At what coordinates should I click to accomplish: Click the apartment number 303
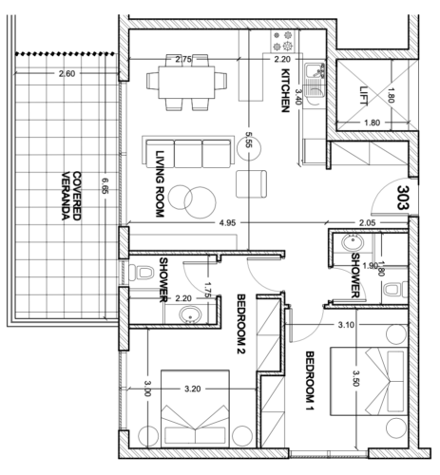tap(403, 198)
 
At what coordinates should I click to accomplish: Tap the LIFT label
tap(364, 96)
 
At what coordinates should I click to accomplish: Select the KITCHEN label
tap(285, 90)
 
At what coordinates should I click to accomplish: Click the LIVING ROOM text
tap(160, 183)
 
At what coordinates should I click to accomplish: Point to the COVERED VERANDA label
tap(71, 196)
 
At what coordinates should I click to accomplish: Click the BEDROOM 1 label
tap(310, 381)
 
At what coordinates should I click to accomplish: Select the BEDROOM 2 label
tap(241, 324)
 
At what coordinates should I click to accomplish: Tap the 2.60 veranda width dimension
tap(67, 74)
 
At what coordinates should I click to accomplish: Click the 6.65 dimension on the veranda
tap(105, 186)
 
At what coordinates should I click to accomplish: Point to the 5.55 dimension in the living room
tap(248, 140)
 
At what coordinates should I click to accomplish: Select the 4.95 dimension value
tap(227, 223)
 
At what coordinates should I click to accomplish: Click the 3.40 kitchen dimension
tap(298, 97)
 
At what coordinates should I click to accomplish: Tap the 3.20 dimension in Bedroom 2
tap(193, 389)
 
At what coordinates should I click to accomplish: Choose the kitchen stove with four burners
tap(282, 41)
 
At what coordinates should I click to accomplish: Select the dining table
tap(186, 82)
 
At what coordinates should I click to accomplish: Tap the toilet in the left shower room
tap(142, 273)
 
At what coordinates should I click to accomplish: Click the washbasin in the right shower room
tap(353, 243)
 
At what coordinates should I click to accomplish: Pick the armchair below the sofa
tap(251, 184)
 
